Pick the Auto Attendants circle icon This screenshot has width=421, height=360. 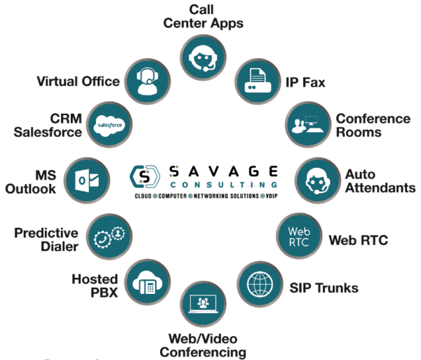(316, 180)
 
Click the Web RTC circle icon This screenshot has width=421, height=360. (299, 236)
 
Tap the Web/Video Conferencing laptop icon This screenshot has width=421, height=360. (203, 302)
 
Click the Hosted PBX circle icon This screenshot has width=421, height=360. (147, 279)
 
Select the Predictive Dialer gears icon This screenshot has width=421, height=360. (107, 234)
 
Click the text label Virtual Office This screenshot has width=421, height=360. (78, 81)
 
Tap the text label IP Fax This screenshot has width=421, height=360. (305, 82)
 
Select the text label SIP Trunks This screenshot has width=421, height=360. (324, 288)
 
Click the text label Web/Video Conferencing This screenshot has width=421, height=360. (203, 345)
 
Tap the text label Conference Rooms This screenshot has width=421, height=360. (373, 124)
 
